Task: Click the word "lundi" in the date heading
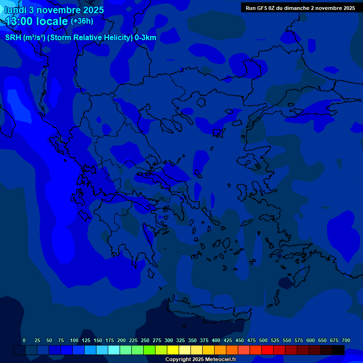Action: pos(16,9)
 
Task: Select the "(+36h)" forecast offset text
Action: pos(82,21)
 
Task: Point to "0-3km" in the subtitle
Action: pos(146,38)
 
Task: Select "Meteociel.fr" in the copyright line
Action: pos(221,360)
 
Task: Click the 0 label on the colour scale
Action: pos(24,340)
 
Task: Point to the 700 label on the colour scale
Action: pos(346,340)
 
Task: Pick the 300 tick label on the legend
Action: pos(169,340)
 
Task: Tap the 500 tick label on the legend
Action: pos(263,340)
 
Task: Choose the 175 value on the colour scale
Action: pos(110,340)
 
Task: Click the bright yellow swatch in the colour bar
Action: pos(173,350)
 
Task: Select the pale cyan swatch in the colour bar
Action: pos(114,350)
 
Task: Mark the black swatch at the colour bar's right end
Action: pos(338,350)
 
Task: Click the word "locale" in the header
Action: pos(53,21)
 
